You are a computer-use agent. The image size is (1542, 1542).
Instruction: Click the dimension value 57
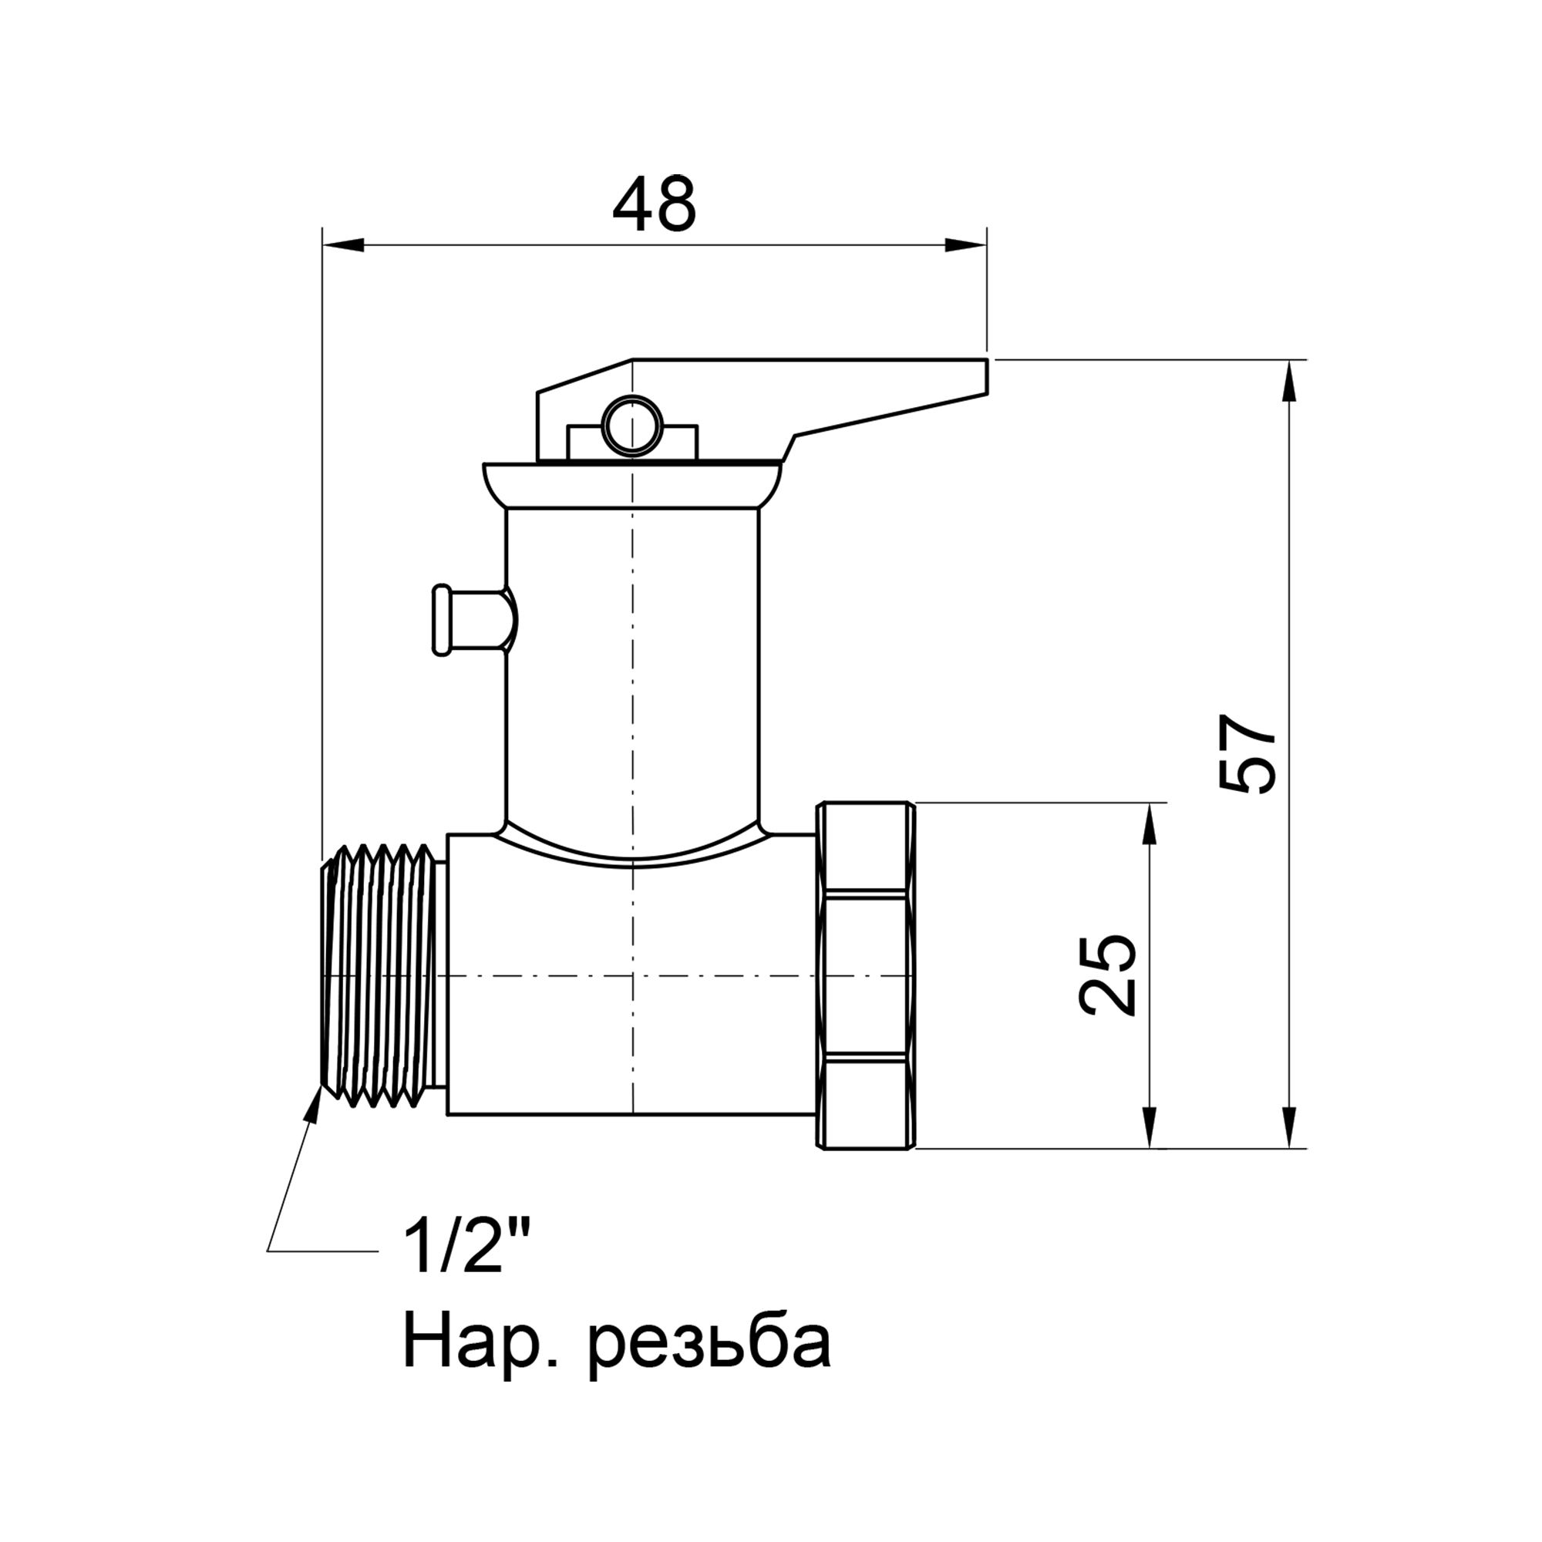tap(1248, 753)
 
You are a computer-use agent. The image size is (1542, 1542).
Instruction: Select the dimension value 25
tap(1107, 975)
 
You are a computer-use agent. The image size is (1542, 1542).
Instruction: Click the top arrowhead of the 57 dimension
tap(1288, 382)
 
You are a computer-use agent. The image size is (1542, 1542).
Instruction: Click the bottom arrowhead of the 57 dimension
tap(1288, 1127)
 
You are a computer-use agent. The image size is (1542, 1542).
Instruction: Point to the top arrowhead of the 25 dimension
tap(1150, 823)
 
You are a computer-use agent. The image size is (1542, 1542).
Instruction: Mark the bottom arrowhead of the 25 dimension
tap(1150, 1127)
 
